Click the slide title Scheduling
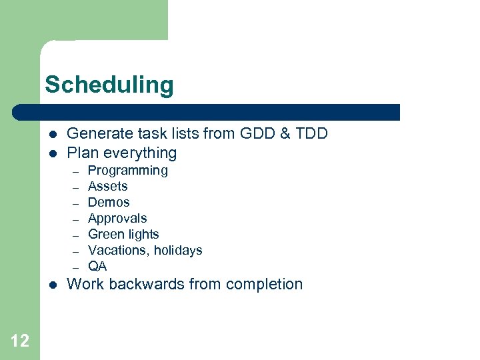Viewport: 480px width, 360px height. click(x=109, y=85)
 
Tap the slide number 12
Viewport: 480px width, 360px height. click(x=20, y=341)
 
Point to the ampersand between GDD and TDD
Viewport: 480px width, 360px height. click(x=282, y=133)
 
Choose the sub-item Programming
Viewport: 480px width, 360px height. click(x=127, y=171)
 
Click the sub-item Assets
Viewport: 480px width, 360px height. click(x=107, y=187)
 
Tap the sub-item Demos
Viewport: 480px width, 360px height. click(x=109, y=203)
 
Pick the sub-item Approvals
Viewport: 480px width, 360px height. click(x=117, y=219)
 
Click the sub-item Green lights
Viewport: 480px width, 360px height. click(x=123, y=235)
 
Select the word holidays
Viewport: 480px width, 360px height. click(x=178, y=251)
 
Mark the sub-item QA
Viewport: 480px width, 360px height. click(x=97, y=267)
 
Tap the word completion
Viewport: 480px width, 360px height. click(x=264, y=285)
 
